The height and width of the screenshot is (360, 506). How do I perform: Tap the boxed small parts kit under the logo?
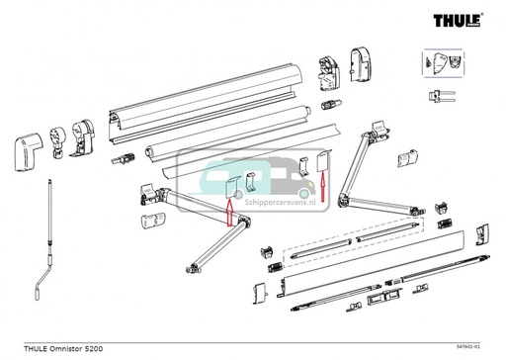click(x=442, y=62)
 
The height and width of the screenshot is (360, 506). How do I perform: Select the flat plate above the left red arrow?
click(x=228, y=189)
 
